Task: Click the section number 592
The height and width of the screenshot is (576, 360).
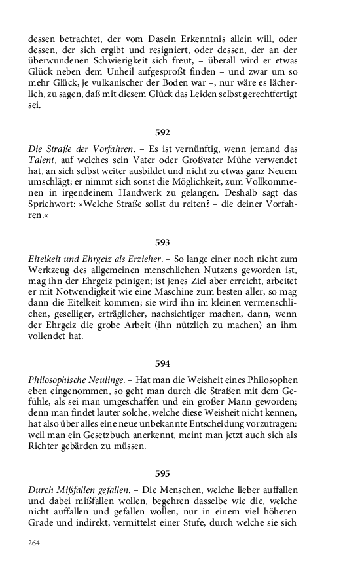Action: pos(162,132)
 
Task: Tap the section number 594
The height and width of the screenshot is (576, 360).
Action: pos(162,362)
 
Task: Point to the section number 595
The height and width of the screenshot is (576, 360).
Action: pos(162,472)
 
